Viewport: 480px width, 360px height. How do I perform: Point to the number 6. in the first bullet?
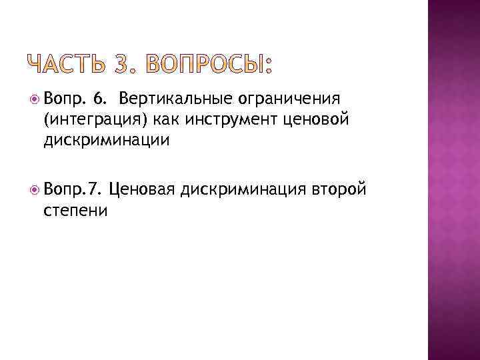(x=101, y=99)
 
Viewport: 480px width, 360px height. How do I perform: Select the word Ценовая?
(x=141, y=190)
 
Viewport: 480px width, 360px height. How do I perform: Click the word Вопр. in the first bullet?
(x=63, y=99)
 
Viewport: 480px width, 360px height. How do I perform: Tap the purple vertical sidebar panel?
(x=453, y=180)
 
